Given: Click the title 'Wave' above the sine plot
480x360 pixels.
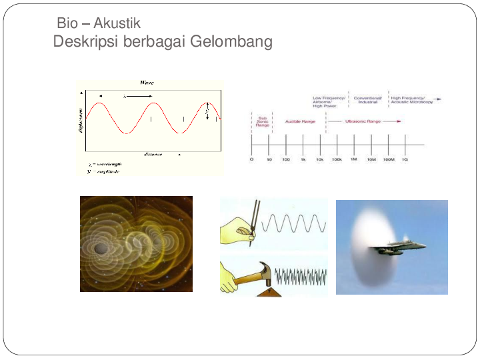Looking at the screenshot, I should point(147,82).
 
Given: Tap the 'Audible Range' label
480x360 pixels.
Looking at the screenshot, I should point(300,121).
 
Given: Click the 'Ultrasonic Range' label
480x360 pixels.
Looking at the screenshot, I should point(363,121).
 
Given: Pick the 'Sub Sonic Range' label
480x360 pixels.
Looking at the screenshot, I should point(262,121).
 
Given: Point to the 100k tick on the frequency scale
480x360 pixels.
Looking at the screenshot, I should point(337,161).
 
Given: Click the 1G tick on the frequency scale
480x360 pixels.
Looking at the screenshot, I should point(405,161).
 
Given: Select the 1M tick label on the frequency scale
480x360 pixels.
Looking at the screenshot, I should point(354,161).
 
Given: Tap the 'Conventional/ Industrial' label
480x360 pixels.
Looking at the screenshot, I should point(367,100).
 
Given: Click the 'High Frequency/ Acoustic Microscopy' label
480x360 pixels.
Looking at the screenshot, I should point(411,100).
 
